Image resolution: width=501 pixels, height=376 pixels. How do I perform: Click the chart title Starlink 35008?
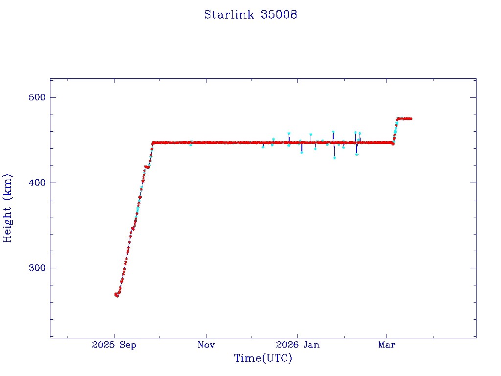pyautogui.click(x=250, y=15)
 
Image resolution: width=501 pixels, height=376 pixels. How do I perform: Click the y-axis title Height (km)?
pyautogui.click(x=7, y=208)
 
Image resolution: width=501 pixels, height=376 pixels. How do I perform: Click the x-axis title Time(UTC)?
pyautogui.click(x=263, y=358)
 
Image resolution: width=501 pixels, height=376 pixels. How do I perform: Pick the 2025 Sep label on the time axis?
pyautogui.click(x=114, y=345)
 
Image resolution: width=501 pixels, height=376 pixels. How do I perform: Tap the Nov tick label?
pyautogui.click(x=206, y=345)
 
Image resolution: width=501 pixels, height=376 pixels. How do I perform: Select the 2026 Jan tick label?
pyautogui.click(x=297, y=345)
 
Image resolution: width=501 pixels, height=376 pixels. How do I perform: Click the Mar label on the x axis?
pyautogui.click(x=387, y=345)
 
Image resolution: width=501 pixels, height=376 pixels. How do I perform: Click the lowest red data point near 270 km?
pyautogui.click(x=117, y=295)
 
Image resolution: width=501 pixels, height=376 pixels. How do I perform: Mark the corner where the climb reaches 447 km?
pyautogui.click(x=153, y=143)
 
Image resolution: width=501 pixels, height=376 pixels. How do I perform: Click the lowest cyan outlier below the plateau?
pyautogui.click(x=334, y=158)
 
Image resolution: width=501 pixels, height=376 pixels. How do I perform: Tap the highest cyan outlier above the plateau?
pyautogui.click(x=333, y=132)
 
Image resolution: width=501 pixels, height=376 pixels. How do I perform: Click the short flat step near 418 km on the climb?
pyautogui.click(x=147, y=167)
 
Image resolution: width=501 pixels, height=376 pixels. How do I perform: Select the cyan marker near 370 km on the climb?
pyautogui.click(x=138, y=209)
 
